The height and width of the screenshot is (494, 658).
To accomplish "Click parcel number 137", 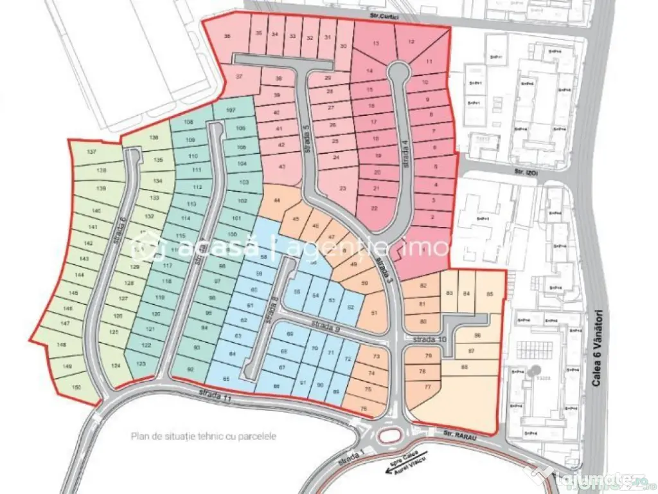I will (91, 152).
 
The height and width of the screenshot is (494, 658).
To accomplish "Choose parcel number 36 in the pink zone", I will (226, 37).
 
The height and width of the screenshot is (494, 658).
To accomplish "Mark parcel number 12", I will (411, 42).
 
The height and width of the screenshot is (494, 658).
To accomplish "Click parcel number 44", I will (277, 201).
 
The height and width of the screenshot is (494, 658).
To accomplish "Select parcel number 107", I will (231, 111).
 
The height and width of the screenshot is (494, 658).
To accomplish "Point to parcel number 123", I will (141, 364).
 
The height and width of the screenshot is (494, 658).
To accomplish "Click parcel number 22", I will (375, 208).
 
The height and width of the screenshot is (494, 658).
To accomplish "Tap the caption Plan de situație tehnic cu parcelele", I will (204, 435).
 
